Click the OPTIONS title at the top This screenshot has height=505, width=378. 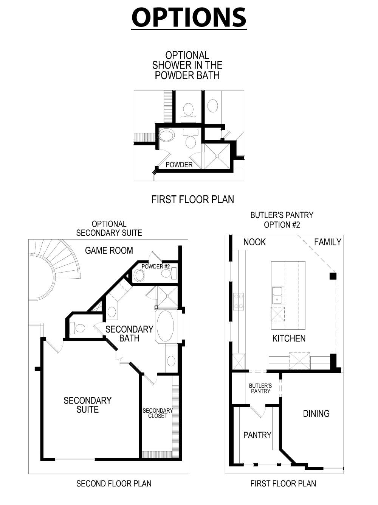coord(189,17)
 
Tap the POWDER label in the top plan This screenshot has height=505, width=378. coord(179,165)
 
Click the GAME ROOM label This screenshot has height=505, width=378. coord(109,250)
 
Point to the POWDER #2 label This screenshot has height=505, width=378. coord(155,267)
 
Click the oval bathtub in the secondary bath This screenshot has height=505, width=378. coord(165,326)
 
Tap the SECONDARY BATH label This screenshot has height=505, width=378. coord(129,334)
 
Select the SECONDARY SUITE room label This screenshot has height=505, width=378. coord(87,405)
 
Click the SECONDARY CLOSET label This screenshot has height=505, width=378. coord(158,413)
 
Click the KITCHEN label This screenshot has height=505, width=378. coord(289,338)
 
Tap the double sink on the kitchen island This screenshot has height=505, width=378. coord(278,295)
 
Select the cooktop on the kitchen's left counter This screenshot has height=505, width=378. coord(239,301)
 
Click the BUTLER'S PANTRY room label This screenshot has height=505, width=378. coord(260,388)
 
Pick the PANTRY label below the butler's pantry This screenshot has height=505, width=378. coord(257,435)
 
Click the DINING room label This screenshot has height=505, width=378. coord(316,413)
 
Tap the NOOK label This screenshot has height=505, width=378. coord(254,242)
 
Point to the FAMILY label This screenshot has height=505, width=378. coord(327,242)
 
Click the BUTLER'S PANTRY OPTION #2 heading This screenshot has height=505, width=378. coord(282,220)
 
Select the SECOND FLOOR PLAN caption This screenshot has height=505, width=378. coord(114,483)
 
